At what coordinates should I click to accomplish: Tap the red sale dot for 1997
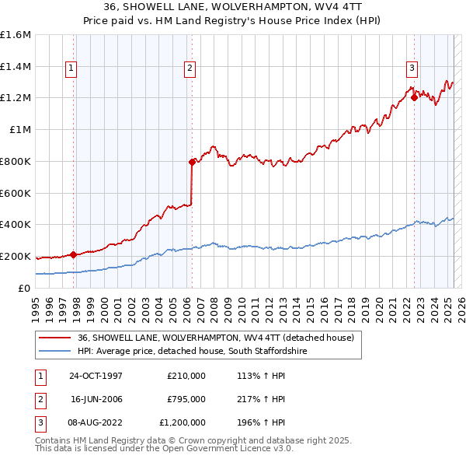pyautogui.click(x=73, y=254)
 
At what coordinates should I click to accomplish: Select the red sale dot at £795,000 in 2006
pyautogui.click(x=192, y=162)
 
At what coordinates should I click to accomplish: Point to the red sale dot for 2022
pyautogui.click(x=414, y=97)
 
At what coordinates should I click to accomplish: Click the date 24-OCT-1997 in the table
pyautogui.click(x=96, y=376)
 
